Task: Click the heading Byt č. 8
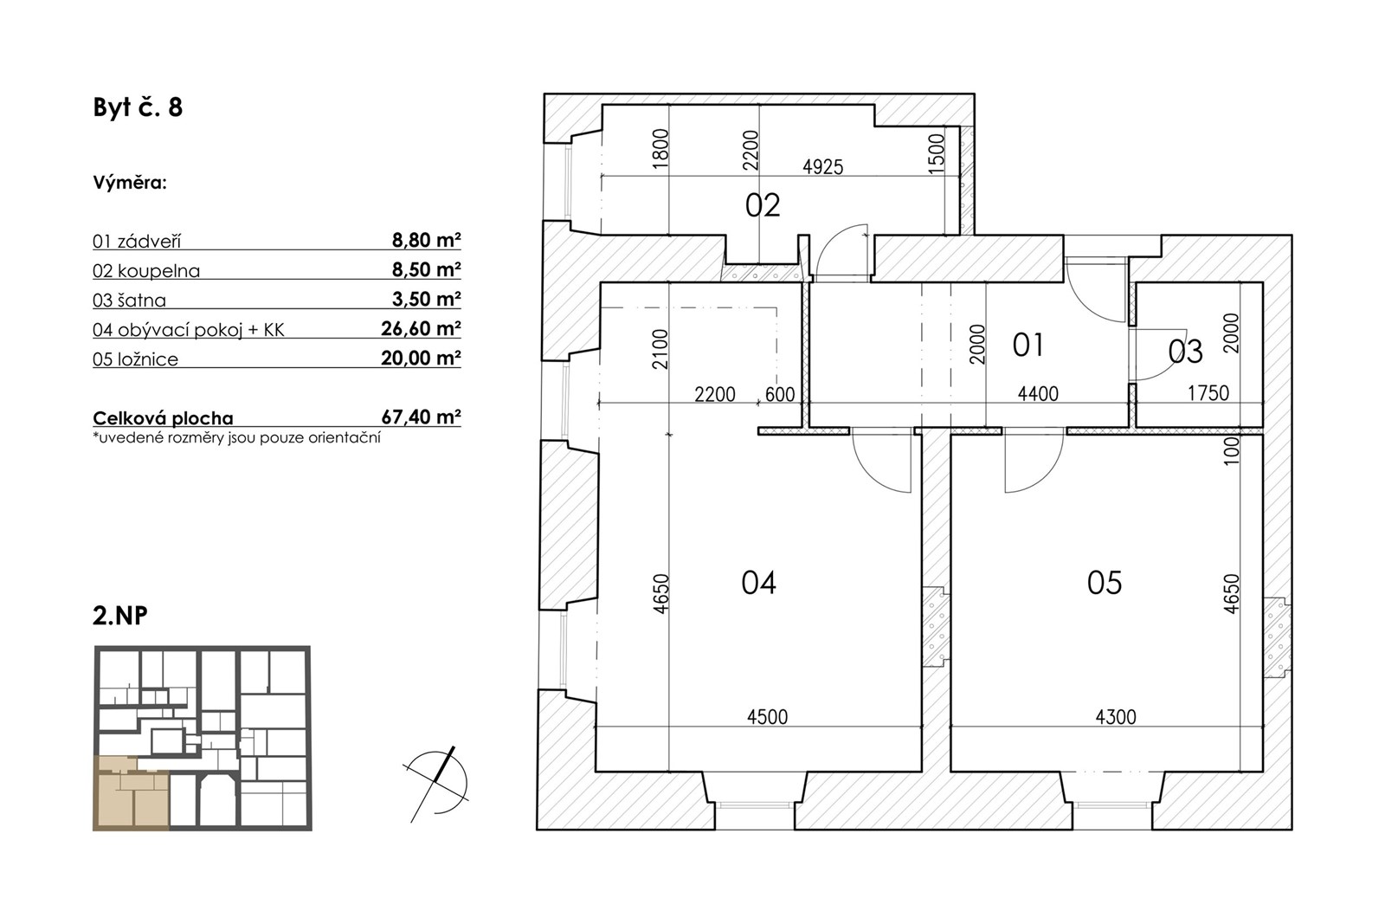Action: (138, 107)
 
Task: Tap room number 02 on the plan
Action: (763, 205)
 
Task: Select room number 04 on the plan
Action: (758, 583)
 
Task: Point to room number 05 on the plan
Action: (1105, 583)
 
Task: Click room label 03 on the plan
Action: (1185, 352)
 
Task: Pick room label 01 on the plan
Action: (1027, 346)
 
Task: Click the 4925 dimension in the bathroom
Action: (823, 167)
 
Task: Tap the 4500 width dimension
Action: (767, 717)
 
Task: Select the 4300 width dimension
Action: (1116, 717)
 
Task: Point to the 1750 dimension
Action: (1208, 393)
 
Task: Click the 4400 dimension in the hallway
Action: (1038, 393)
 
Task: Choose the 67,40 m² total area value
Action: (421, 417)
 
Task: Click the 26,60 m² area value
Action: (421, 328)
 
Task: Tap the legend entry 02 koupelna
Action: (146, 271)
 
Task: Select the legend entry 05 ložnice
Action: (135, 359)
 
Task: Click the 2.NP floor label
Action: (120, 616)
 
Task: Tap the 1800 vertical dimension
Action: (661, 148)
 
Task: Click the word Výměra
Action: (130, 183)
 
